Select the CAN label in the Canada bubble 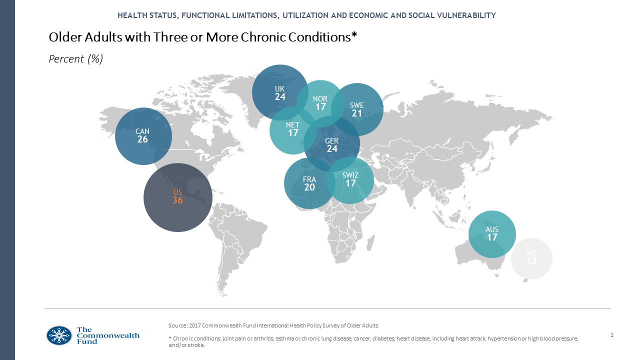142,131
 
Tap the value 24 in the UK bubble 280,97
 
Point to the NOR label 320,98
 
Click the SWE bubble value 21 357,113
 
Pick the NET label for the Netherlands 293,125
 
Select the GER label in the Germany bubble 332,141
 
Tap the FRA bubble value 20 309,187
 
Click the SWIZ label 350,175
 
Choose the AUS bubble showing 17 492,233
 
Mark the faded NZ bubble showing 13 531,258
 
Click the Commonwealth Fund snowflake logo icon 59,335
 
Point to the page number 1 612,334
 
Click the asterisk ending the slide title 354,36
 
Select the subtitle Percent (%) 75,59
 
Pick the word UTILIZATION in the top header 304,15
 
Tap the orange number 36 177,200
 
